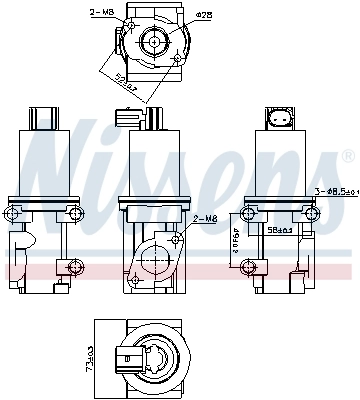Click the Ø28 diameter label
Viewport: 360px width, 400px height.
(204, 15)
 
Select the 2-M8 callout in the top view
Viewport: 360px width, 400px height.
(101, 13)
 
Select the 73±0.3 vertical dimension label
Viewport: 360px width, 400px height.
(89, 359)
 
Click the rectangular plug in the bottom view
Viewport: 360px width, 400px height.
(126, 359)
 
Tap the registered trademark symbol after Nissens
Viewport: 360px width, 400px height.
(347, 157)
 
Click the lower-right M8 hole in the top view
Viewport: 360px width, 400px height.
(179, 60)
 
